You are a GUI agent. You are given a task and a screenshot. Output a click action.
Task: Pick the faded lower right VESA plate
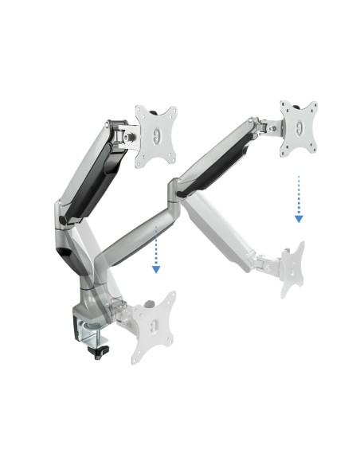point(293,269)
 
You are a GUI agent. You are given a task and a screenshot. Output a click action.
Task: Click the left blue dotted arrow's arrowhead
point(156,269)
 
